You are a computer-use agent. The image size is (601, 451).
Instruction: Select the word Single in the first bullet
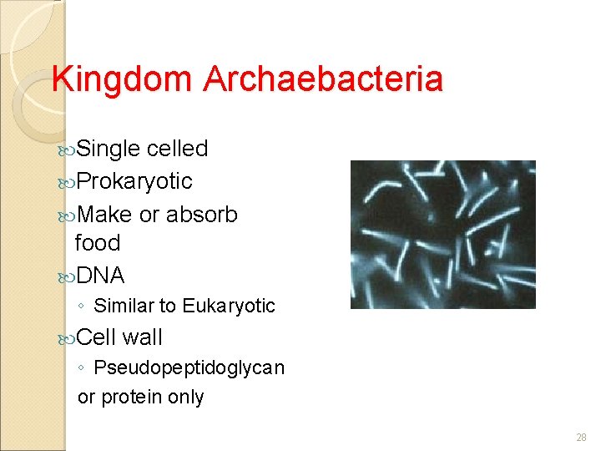(x=108, y=149)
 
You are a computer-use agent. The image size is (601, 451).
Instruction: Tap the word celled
(x=177, y=149)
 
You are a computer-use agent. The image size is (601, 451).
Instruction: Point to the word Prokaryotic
(x=134, y=181)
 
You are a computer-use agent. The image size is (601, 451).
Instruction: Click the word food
(x=98, y=243)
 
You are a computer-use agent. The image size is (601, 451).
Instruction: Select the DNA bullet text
(x=99, y=276)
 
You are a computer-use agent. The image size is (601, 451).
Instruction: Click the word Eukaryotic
(x=229, y=307)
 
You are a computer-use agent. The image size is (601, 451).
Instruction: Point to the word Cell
(x=96, y=337)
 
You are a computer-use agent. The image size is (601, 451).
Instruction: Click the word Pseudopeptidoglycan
(x=189, y=367)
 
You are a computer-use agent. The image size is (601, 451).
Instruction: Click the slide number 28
(x=581, y=438)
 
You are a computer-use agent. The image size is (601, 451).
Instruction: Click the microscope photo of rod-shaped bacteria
(x=442, y=235)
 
